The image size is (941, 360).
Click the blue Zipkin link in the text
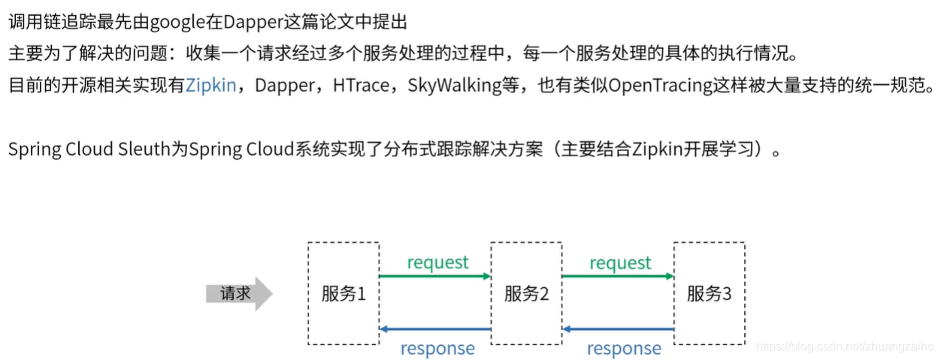click(x=210, y=85)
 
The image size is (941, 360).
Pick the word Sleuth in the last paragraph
click(x=146, y=149)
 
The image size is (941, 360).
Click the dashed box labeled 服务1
click(x=343, y=293)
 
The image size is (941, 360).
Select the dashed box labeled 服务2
click(x=526, y=293)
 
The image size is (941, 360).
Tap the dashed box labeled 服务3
click(x=709, y=293)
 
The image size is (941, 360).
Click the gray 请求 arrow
click(x=238, y=293)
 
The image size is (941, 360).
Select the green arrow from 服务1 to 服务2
click(x=434, y=277)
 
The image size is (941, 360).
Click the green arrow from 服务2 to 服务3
click(x=617, y=277)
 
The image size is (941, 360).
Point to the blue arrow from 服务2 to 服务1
click(x=434, y=329)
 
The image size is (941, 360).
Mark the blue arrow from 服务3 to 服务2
click(x=617, y=329)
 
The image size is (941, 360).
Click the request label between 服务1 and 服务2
click(x=437, y=262)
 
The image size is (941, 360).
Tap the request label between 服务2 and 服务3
click(x=620, y=262)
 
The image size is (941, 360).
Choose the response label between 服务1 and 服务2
click(x=437, y=348)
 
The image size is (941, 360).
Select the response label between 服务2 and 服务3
click(x=624, y=348)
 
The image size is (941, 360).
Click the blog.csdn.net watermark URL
click(x=843, y=347)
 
